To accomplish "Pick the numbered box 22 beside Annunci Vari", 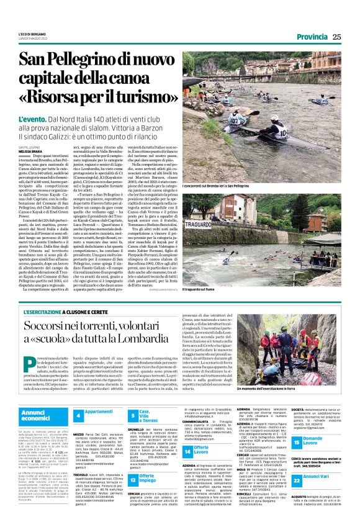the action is click(297, 480).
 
